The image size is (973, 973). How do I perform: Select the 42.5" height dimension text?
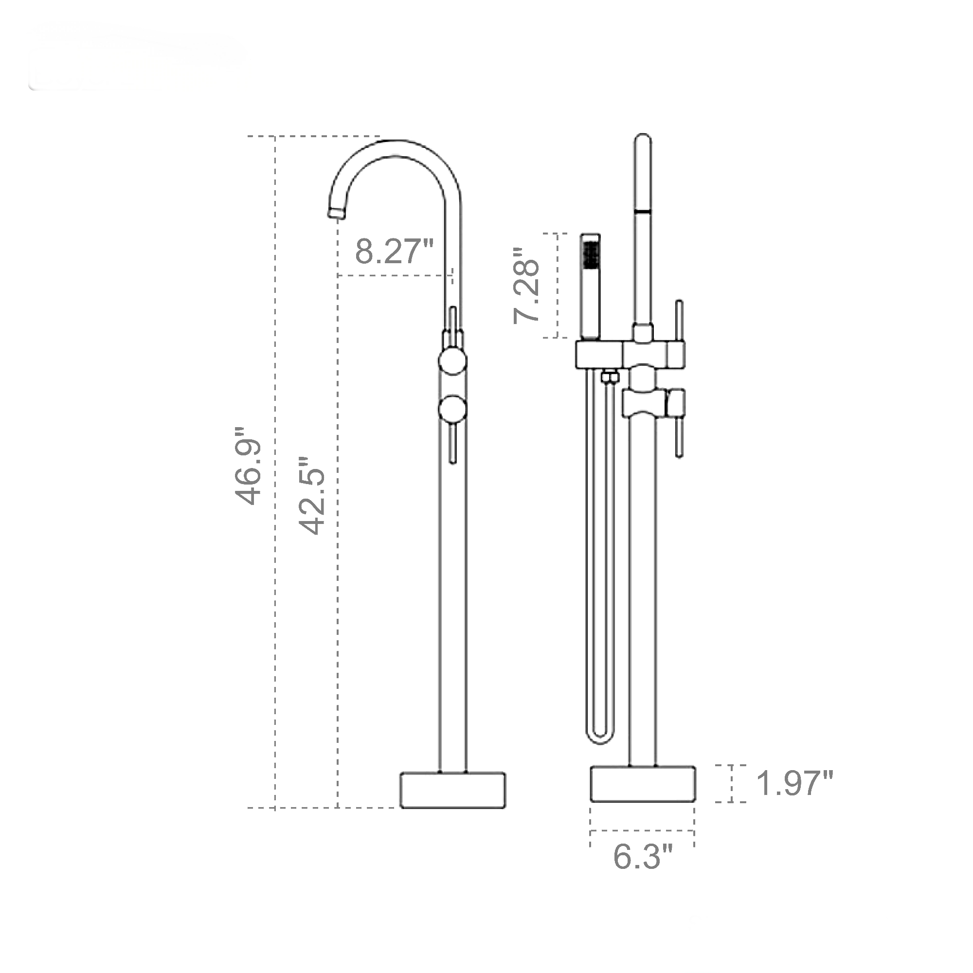[x=311, y=496]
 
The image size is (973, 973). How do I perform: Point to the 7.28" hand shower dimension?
[x=527, y=286]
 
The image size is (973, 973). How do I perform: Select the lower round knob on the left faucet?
[x=453, y=409]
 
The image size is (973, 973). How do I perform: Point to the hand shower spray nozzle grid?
[x=589, y=253]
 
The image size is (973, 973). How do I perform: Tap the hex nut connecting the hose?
[x=610, y=377]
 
